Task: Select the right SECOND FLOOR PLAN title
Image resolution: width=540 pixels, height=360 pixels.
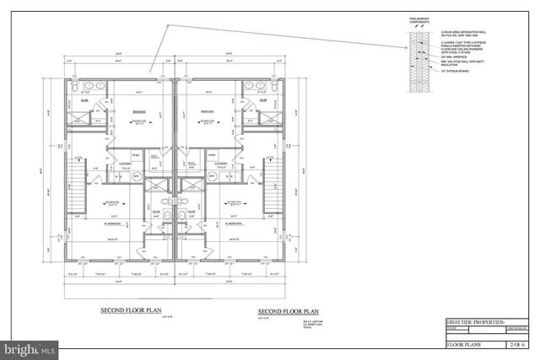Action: tap(289, 311)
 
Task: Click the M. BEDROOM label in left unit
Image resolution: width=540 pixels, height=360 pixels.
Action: tap(113, 223)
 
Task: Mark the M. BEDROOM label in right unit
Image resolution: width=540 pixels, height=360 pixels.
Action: tap(233, 223)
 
